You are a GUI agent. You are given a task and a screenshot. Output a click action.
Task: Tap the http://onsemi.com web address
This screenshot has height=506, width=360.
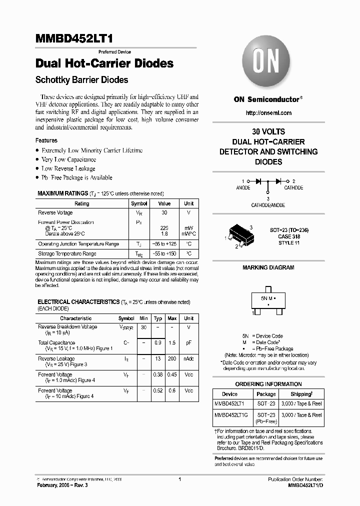pyautogui.click(x=268, y=113)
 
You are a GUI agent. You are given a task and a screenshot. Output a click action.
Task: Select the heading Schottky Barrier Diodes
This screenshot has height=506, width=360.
pyautogui.click(x=82, y=80)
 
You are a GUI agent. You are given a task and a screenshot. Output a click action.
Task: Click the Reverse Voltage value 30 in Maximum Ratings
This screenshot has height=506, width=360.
pyautogui.click(x=164, y=212)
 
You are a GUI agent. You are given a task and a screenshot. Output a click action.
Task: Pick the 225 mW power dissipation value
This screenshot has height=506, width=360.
pyautogui.click(x=164, y=228)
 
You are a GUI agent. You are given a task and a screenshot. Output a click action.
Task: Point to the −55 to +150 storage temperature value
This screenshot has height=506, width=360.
pyautogui.click(x=164, y=254)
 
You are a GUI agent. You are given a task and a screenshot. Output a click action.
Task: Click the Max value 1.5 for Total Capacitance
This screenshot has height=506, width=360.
pyautogui.click(x=172, y=342)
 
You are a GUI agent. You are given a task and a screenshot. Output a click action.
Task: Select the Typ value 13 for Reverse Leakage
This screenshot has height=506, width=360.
pyautogui.click(x=157, y=358)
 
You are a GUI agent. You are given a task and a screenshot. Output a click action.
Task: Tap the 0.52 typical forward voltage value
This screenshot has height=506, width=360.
pyautogui.click(x=157, y=390)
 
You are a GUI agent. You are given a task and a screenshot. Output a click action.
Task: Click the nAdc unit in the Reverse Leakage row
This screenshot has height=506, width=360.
pyautogui.click(x=188, y=358)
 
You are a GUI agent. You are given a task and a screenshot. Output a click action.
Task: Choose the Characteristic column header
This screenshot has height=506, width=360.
pyautogui.click(x=76, y=318)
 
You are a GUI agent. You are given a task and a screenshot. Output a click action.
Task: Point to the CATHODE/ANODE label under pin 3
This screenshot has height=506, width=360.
pyautogui.click(x=268, y=205)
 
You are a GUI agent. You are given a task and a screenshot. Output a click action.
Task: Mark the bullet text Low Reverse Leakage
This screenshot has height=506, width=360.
pyautogui.click(x=68, y=168)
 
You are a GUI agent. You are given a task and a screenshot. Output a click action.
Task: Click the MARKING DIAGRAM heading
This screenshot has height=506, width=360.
pyautogui.click(x=268, y=267)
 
